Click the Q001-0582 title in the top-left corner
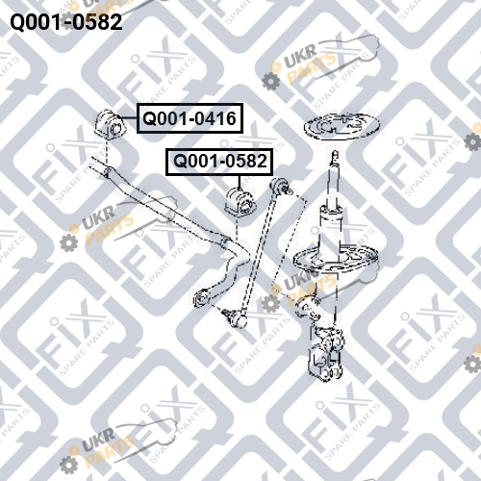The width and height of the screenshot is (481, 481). point(66,22)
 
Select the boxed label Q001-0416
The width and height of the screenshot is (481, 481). point(190,118)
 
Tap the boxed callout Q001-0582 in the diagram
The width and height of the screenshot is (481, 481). point(219,162)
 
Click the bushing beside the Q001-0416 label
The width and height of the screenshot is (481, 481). point(109,125)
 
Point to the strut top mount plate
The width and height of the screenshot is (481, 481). point(342,126)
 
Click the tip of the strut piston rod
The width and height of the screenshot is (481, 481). point(335,153)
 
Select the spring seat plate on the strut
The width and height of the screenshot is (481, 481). point(337,259)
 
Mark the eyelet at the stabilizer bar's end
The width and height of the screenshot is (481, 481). point(200,298)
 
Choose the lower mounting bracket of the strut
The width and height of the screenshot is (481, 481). point(326,354)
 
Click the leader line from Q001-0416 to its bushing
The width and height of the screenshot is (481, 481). point(130,118)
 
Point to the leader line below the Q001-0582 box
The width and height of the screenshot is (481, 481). point(240,182)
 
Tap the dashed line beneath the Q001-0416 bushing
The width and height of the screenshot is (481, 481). point(107,153)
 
